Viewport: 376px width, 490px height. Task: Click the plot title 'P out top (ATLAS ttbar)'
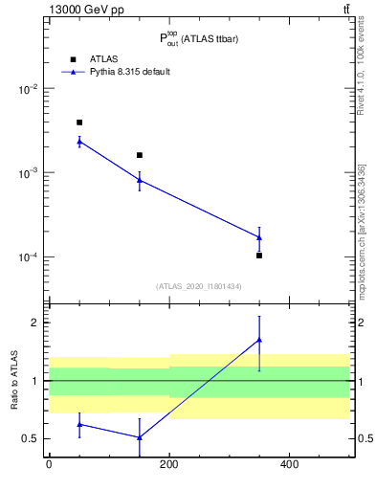198,39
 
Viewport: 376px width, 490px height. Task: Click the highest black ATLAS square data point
79,122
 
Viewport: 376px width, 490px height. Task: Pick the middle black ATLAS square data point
140,155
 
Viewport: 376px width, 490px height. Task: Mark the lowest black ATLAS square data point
259,256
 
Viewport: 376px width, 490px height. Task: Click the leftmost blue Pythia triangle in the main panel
79,142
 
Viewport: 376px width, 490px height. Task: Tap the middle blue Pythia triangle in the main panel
140,180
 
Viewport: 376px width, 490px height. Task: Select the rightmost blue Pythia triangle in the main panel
259,237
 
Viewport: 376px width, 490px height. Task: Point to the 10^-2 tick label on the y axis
30,89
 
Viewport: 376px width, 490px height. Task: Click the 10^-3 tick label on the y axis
30,173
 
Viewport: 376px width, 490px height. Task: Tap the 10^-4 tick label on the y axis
30,257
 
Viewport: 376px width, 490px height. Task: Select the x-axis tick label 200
168,465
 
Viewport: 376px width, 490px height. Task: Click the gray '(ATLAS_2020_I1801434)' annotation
198,286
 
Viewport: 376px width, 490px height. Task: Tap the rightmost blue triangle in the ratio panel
259,340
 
